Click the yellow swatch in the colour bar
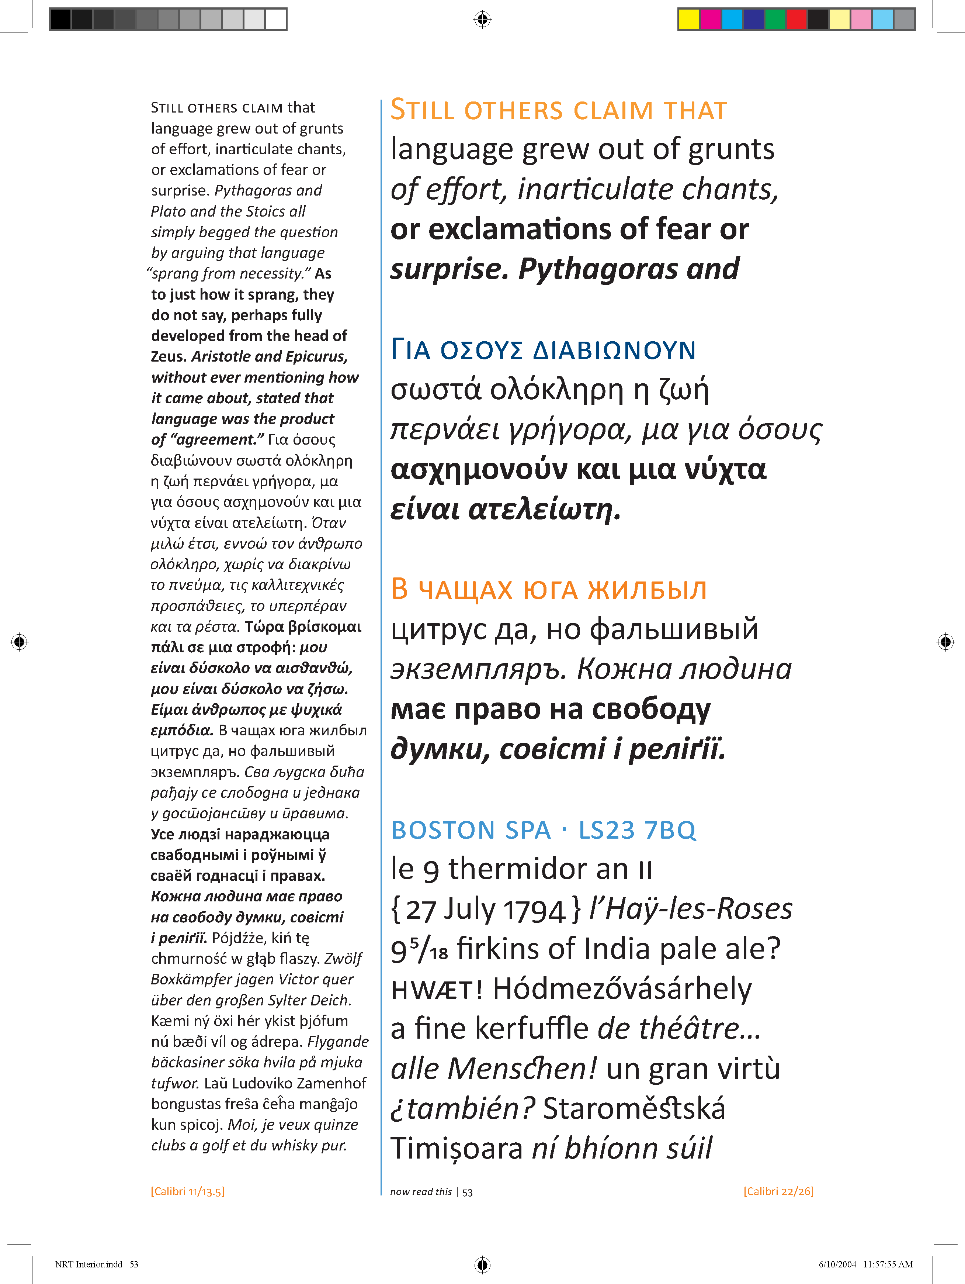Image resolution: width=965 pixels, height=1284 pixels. click(689, 19)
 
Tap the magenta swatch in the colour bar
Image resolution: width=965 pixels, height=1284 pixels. click(710, 19)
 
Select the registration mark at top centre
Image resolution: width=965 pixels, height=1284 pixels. click(482, 19)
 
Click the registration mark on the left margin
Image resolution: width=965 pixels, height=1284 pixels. click(19, 641)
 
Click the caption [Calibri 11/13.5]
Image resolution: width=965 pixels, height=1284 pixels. click(187, 1191)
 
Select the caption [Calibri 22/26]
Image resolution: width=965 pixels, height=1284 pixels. click(778, 1191)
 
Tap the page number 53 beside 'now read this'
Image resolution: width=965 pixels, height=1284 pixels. click(468, 1192)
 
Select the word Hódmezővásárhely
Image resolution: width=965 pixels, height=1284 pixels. click(622, 988)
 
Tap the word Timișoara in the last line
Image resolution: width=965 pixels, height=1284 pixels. click(457, 1149)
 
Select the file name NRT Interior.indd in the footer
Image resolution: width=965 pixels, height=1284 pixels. click(89, 1264)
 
